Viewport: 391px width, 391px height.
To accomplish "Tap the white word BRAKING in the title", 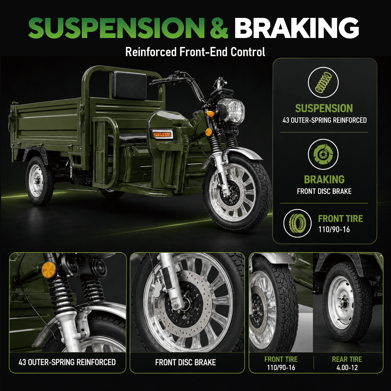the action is [297, 28].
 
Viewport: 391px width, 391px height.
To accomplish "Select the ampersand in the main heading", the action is [219, 28].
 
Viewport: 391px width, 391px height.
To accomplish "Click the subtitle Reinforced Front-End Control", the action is [195, 52].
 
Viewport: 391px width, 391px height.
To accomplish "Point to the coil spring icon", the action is [323, 83].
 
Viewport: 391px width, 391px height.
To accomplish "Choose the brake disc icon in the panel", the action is [323, 154].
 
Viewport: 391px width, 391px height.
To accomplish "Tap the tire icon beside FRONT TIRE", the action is [297, 223].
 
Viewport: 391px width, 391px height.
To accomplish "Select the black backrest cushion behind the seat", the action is [130, 85].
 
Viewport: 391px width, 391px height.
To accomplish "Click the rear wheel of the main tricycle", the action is [39, 180].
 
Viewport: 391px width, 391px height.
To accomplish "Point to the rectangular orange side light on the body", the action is [162, 134].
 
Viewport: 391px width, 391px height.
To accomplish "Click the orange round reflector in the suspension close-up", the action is [49, 269].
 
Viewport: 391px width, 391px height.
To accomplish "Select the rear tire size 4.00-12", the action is [347, 368].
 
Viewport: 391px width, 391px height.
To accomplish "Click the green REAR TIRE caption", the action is [347, 359].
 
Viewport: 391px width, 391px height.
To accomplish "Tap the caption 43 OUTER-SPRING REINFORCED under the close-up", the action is [67, 362].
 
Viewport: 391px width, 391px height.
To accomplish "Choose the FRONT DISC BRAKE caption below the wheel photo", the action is [185, 363].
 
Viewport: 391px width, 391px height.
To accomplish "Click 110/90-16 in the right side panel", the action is [334, 230].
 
